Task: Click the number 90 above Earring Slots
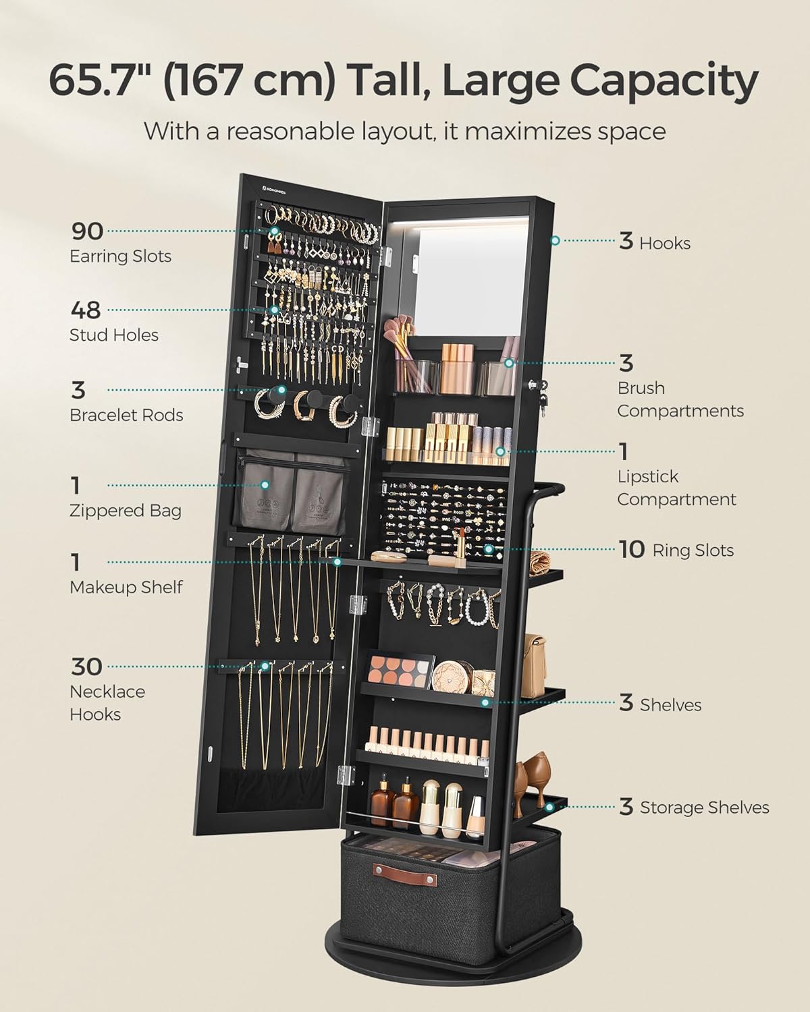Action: [87, 231]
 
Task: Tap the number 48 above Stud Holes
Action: [86, 310]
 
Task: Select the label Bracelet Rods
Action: [126, 415]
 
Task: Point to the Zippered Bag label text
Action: [125, 511]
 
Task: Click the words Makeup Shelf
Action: [126, 587]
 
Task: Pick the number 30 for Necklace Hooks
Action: [86, 667]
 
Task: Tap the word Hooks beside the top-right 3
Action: [665, 243]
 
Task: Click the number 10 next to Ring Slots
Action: [632, 549]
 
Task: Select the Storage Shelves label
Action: [704, 808]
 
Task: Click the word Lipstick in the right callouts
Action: [647, 476]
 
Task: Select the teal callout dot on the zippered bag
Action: [265, 484]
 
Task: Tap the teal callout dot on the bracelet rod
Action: [281, 389]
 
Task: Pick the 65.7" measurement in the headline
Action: [103, 80]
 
